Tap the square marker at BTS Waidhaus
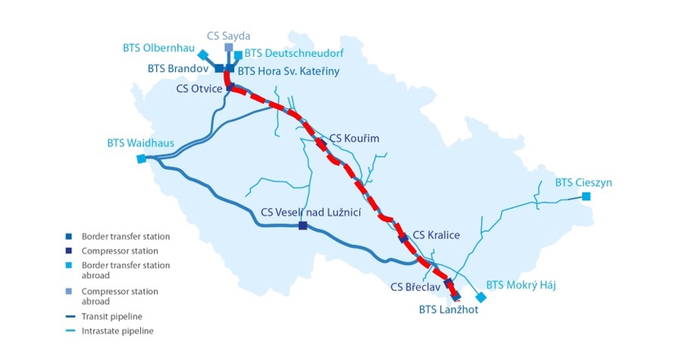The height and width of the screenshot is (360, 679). coord(141,159)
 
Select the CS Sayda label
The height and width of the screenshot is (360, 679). coord(229,35)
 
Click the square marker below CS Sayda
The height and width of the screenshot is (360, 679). coord(229,47)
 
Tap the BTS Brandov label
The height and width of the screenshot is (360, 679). coord(178,68)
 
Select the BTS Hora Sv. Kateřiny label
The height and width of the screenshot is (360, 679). coord(288,71)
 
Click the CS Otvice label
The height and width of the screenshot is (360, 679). coord(199,89)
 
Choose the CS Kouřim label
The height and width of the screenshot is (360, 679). coord(354,139)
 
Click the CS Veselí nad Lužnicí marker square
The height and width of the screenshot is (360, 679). coord(303,226)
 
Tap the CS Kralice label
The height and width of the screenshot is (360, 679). coord(436,235)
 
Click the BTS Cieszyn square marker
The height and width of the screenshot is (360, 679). coord(586,197)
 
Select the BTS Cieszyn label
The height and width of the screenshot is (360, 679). coord(584,183)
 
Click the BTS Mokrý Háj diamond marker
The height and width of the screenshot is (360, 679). coord(479,296)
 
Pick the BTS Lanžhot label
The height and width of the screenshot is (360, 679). coord(449,309)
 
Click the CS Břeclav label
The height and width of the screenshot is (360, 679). coord(415,287)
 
